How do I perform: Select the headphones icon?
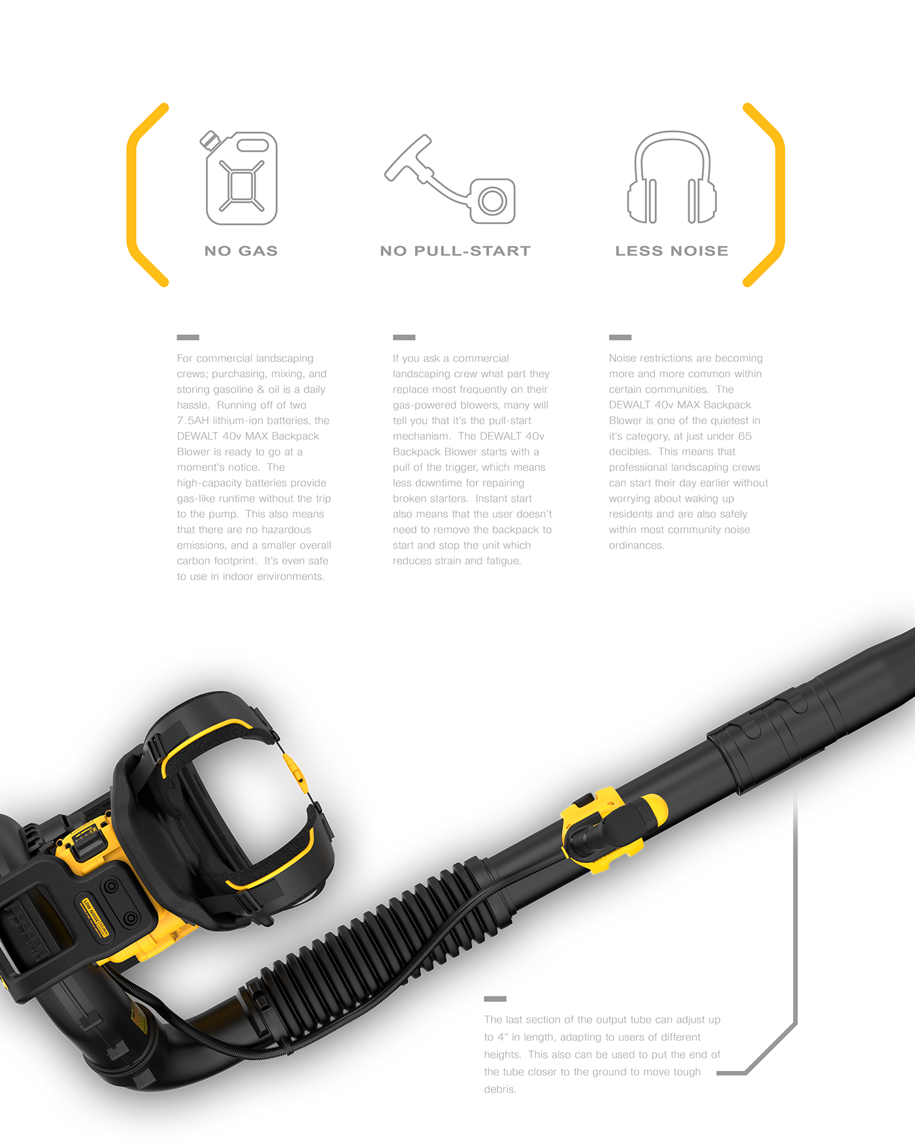[x=672, y=177]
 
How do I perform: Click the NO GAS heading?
[x=241, y=251]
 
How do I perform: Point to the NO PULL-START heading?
[x=455, y=251]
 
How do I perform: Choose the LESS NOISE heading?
[x=672, y=251]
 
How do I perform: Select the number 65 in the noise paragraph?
[x=745, y=436]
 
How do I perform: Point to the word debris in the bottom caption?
[x=499, y=1089]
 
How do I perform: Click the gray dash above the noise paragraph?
[x=620, y=338]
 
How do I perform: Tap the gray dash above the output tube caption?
[x=495, y=999]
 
